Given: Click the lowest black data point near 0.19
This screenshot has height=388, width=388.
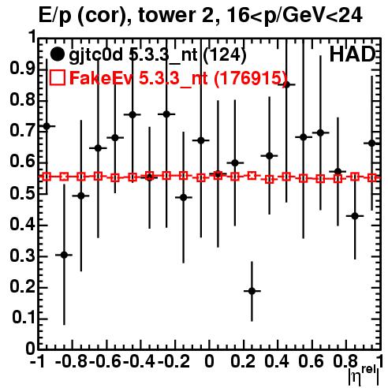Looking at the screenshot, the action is [x=252, y=291].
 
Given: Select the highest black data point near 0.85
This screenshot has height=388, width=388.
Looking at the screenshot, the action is [x=286, y=84].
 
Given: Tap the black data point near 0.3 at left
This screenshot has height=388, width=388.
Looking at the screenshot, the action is [x=64, y=255].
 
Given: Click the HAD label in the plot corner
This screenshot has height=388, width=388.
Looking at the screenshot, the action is [x=353, y=54].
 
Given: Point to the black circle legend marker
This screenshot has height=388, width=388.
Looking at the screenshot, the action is [x=57, y=54].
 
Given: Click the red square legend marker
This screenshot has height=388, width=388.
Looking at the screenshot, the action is [x=57, y=78].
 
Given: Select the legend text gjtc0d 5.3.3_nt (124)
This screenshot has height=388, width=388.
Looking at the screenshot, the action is [x=158, y=55].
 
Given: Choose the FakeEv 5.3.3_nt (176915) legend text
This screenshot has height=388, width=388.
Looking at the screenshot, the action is [x=178, y=78].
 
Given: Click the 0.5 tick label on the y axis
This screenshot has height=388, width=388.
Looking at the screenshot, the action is [x=22, y=193].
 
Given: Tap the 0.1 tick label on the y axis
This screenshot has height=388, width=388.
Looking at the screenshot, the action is [x=23, y=318].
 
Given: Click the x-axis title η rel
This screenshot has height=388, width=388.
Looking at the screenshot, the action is [x=364, y=375].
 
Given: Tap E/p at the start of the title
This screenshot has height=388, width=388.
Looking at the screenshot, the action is [x=55, y=16].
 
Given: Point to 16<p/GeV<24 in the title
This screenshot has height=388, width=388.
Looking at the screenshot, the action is [x=294, y=16].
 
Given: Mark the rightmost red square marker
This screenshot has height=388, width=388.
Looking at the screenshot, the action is [x=372, y=177].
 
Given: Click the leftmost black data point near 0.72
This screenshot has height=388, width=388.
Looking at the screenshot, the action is [x=47, y=126].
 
